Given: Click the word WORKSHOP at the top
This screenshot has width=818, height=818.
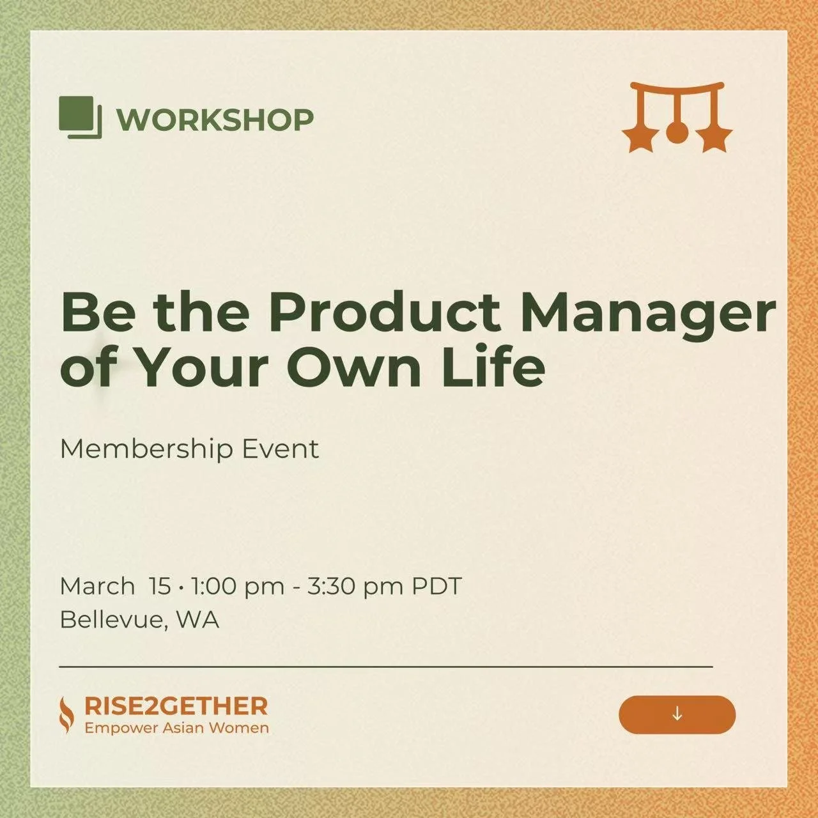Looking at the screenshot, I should coord(215,120).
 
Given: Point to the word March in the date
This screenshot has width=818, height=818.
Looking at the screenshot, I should coord(97,586).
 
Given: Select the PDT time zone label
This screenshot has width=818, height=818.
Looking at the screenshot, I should coord(436,586).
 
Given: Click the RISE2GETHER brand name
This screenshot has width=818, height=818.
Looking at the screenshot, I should coord(176,706).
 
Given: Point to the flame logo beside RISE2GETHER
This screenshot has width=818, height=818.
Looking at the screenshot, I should coord(66,715).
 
